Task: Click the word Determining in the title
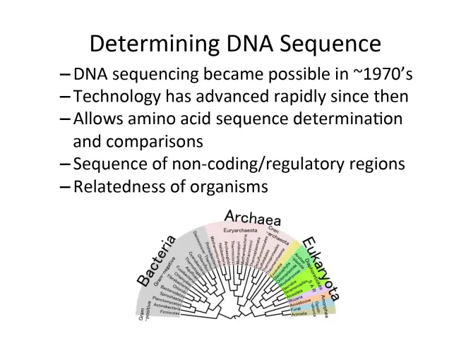click(152, 44)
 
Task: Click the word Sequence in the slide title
click(331, 44)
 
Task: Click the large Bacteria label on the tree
click(156, 262)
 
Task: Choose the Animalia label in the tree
click(299, 314)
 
